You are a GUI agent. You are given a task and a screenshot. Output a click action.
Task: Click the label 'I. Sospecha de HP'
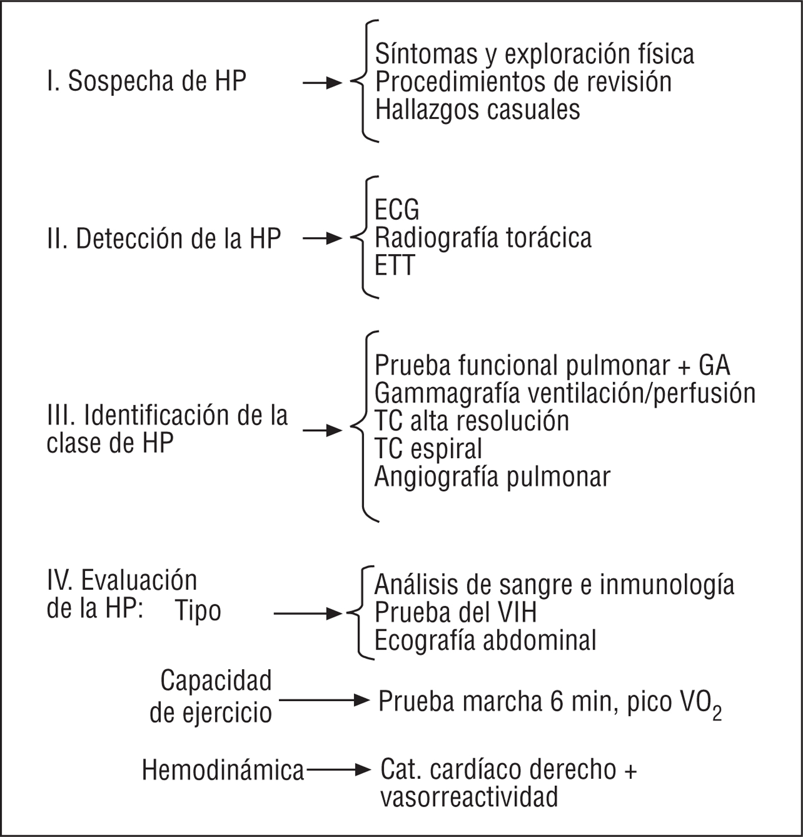point(147,82)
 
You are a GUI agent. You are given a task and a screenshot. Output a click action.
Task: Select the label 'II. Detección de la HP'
point(164,239)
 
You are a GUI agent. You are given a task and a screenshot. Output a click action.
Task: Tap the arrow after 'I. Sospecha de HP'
point(322,83)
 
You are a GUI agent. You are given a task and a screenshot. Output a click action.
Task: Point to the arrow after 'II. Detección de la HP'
point(322,238)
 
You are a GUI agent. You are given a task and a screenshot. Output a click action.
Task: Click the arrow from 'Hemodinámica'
point(339,770)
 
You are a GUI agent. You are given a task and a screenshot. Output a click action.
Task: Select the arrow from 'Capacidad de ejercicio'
point(324,700)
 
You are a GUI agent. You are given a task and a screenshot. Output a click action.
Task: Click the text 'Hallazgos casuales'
point(477,110)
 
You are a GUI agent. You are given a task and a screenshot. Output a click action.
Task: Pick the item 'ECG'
point(397,210)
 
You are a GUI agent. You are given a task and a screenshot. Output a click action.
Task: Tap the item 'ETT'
point(395,265)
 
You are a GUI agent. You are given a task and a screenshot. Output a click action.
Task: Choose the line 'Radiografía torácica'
point(483,238)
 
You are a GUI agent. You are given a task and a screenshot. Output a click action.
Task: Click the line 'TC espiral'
point(428,449)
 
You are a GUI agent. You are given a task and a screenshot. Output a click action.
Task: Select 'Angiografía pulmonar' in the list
point(492,477)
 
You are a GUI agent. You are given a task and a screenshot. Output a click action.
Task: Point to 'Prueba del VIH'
point(455,613)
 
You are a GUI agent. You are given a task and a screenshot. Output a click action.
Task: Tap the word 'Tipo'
point(198,611)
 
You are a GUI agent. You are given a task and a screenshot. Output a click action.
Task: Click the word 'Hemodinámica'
point(223,770)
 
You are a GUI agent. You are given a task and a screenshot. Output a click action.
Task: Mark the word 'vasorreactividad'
point(469,797)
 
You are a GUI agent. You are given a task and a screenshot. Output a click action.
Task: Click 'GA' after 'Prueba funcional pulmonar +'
point(714,365)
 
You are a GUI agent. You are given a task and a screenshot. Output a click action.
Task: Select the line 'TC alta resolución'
point(472,421)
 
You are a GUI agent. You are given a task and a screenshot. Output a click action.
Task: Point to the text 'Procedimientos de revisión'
point(523,82)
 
